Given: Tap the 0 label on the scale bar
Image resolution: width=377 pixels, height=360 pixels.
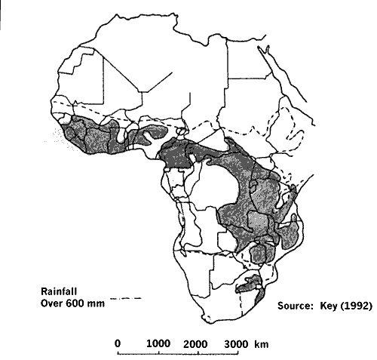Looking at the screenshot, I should [118, 343].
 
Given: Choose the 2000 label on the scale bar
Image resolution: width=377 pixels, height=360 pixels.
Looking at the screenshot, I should [196, 343].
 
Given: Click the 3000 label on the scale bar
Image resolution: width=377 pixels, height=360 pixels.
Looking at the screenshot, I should [236, 343].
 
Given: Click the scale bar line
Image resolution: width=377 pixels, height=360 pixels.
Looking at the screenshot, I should [177, 352].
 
